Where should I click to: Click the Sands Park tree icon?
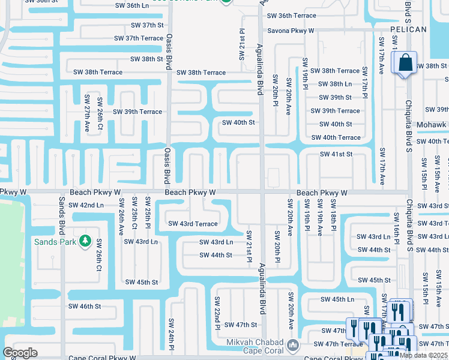pyautogui.click(x=85, y=241)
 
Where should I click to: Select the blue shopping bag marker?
pyautogui.click(x=405, y=63)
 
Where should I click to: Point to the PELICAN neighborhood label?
pyautogui.click(x=408, y=29)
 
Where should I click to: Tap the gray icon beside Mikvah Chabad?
pyautogui.click(x=292, y=345)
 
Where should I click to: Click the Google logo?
pyautogui.click(x=20, y=353)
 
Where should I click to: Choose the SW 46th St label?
pyautogui.click(x=85, y=306)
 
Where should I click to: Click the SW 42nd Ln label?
pyautogui.click(x=86, y=205)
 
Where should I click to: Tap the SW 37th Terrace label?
pyautogui.click(x=139, y=38)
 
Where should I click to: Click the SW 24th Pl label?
pyautogui.click(x=171, y=334)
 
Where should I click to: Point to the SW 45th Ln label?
pyautogui.click(x=337, y=299)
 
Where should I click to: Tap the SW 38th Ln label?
pyautogui.click(x=340, y=84)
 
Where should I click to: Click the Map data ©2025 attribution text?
pyautogui.click(x=424, y=355)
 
